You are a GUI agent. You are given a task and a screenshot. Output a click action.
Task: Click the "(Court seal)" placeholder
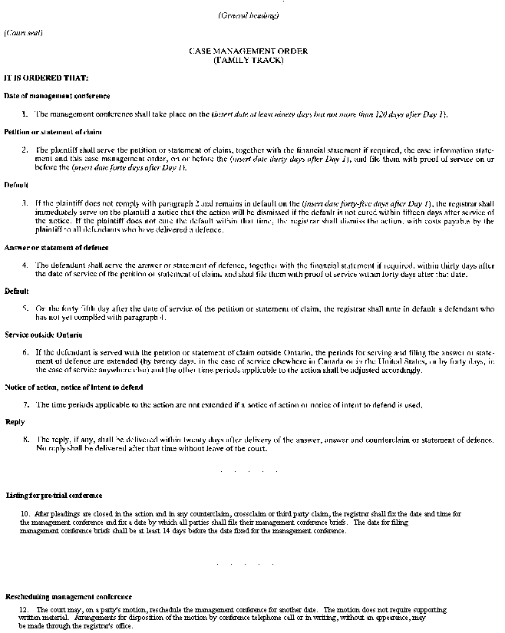23,32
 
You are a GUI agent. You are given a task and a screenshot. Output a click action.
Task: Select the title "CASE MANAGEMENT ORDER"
248,51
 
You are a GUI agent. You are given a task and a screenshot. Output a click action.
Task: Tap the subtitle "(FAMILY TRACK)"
248,59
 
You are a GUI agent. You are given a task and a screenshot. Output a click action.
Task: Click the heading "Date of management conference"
57,96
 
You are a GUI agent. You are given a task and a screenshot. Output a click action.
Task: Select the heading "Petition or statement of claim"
52,132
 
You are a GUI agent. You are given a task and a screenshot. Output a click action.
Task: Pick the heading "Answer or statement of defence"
56,248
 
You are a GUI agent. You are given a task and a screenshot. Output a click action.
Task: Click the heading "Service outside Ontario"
43,335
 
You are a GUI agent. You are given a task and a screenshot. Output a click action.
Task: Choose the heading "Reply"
15,421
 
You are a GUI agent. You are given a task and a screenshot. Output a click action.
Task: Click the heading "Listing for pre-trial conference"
54,496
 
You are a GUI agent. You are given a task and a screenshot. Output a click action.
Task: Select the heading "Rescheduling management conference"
68,596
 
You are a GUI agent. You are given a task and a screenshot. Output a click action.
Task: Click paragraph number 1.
25,114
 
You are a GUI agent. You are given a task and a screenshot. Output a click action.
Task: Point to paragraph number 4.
25,265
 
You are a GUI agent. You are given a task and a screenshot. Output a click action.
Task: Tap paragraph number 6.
25,353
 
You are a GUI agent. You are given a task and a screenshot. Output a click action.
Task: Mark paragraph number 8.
26,440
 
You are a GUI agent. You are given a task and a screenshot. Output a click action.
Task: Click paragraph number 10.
25,513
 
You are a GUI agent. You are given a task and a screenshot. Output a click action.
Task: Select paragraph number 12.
25,610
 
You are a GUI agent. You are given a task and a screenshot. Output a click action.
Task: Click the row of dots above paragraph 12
247,564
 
